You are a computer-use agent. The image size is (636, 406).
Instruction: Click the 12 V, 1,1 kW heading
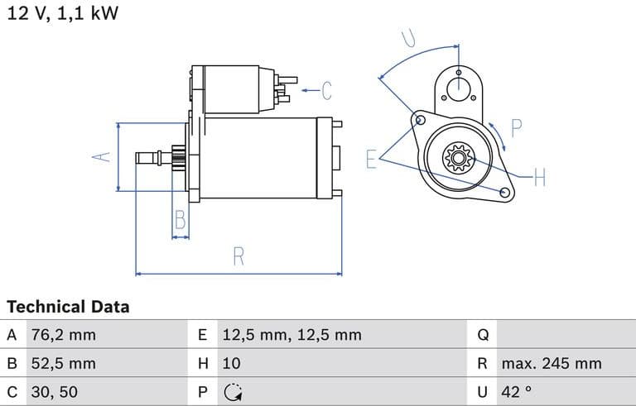63,14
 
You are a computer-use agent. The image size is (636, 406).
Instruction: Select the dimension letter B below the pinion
180,219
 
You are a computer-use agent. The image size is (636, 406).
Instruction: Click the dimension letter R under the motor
238,256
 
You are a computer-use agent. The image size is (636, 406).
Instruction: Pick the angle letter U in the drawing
409,37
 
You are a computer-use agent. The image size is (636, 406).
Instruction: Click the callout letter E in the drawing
372,158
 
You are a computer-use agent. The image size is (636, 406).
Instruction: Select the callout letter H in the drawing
539,177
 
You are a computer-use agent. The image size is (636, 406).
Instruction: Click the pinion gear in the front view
456,157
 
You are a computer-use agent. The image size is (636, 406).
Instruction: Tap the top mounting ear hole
458,73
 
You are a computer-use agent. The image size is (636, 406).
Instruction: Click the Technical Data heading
68,307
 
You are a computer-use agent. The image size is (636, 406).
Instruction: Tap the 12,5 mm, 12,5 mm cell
291,335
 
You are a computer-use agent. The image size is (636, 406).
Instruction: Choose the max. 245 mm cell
551,363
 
